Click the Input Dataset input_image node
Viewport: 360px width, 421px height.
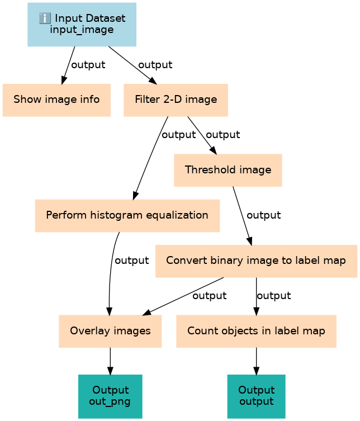tap(82, 25)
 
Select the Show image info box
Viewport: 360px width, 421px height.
tap(56, 100)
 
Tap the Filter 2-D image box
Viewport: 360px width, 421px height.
tap(176, 100)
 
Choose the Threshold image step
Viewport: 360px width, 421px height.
tap(228, 170)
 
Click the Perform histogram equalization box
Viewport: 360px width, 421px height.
tap(127, 215)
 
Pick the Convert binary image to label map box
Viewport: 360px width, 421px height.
tap(255, 261)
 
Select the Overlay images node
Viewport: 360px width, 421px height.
tap(110, 331)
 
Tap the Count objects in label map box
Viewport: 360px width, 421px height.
tap(256, 331)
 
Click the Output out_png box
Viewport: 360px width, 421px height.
tap(110, 396)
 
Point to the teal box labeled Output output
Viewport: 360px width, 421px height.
tap(256, 396)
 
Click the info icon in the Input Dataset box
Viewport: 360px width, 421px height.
tap(45, 18)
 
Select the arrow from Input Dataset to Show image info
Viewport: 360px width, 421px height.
tap(68, 65)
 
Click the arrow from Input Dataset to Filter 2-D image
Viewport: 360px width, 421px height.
tap(132, 65)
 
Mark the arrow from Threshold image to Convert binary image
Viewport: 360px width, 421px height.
tap(241, 215)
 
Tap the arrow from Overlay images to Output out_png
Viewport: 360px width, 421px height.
tap(110, 361)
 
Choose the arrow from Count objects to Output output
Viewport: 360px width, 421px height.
tap(256, 361)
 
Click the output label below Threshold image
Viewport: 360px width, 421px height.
tap(263, 215)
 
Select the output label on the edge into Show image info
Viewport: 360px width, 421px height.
tap(88, 65)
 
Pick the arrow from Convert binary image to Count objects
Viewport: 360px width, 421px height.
tap(256, 296)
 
